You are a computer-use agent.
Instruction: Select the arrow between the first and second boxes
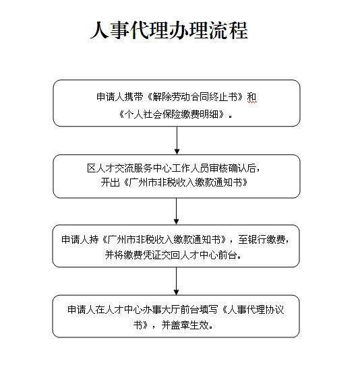tap(177, 141)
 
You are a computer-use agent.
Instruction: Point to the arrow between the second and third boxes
tap(177, 211)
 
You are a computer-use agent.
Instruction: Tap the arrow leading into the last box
tap(177, 281)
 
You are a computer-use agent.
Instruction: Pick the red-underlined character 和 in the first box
tap(252, 97)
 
